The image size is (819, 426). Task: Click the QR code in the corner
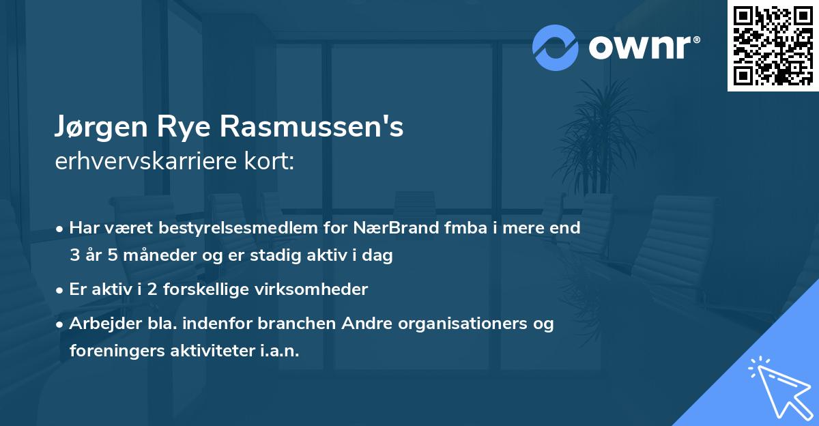point(773,45)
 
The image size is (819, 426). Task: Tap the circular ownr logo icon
point(555,47)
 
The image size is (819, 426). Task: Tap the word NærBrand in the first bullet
point(401,228)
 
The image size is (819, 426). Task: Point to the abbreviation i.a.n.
point(278,351)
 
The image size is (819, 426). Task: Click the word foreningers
point(116,351)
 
